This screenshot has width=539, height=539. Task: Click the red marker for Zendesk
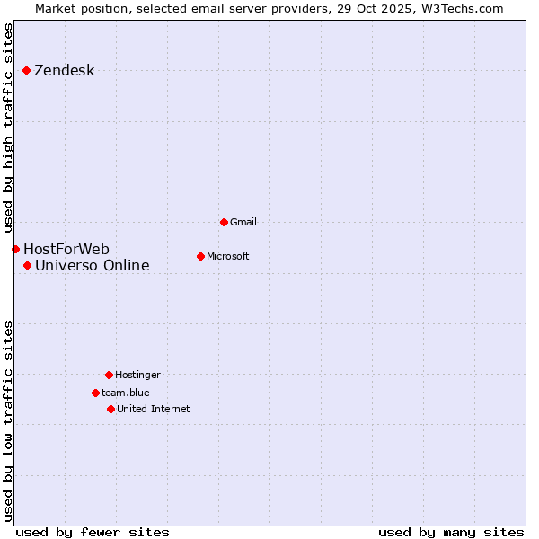(27, 70)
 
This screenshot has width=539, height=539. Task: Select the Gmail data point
(224, 222)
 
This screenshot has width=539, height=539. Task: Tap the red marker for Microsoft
(200, 256)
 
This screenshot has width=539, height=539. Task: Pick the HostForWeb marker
(15, 249)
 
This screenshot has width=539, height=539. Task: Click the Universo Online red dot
(28, 265)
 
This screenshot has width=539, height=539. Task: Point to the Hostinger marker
(109, 375)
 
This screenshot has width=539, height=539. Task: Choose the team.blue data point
(95, 393)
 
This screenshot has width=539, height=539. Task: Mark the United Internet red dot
(110, 409)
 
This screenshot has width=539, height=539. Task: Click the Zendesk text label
(64, 71)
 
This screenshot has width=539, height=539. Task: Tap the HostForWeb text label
(66, 249)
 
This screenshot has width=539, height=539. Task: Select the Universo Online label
(93, 265)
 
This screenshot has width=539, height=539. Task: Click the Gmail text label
(243, 222)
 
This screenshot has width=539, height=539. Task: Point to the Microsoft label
(228, 256)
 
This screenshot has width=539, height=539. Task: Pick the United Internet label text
(154, 409)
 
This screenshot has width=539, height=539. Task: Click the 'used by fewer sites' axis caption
(93, 532)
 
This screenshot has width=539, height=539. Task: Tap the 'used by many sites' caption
(451, 532)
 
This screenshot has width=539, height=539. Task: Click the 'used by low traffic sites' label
(9, 420)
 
